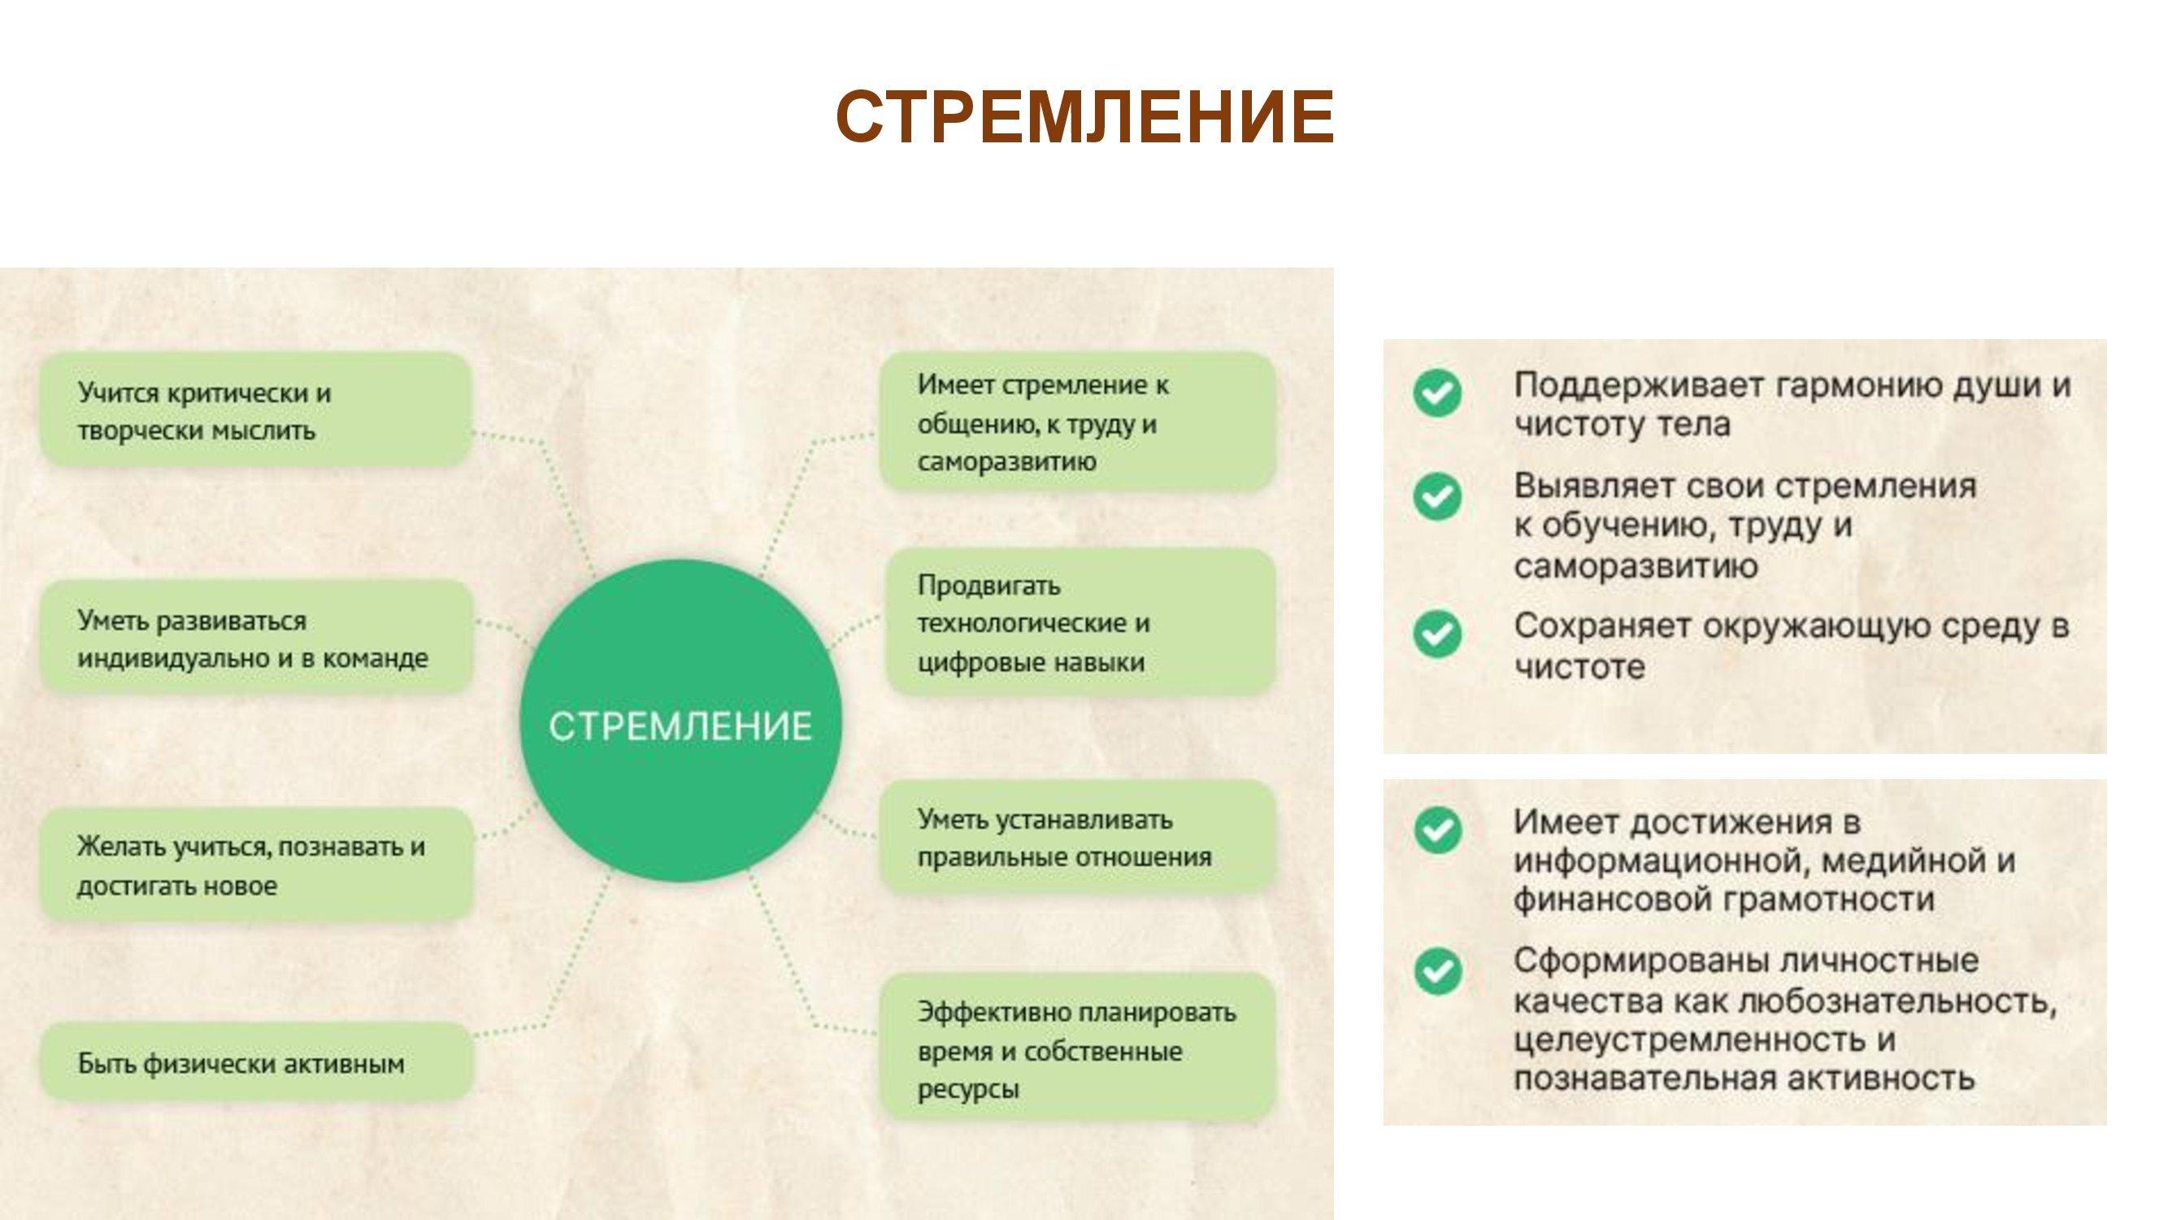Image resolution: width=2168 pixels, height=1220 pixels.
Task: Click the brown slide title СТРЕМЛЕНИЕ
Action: click(1084, 117)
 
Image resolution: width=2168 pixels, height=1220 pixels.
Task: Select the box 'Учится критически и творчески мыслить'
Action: click(256, 410)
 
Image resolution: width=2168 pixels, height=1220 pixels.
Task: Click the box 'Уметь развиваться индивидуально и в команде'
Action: click(256, 638)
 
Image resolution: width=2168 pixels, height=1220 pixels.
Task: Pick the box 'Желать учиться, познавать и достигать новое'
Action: click(256, 865)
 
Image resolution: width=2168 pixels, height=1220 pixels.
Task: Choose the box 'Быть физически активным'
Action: click(256, 1062)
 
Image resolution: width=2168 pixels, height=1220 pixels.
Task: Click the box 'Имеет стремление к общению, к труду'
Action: click(1077, 422)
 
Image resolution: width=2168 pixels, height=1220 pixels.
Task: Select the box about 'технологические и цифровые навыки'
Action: click(1080, 622)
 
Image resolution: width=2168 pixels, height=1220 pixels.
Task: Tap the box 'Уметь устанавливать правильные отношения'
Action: click(1077, 837)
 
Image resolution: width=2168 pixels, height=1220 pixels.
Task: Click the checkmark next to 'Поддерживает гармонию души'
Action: click(1437, 392)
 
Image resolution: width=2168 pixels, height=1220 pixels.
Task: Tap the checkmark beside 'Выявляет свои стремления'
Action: click(1437, 496)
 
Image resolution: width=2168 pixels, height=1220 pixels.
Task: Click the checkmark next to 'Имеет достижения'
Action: click(1437, 830)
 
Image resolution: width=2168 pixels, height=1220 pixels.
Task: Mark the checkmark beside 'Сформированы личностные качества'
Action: click(1437, 971)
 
